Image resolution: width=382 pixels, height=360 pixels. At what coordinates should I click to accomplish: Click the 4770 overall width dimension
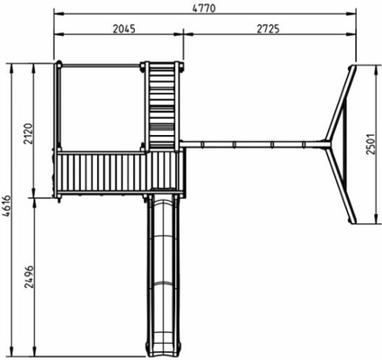[204, 8]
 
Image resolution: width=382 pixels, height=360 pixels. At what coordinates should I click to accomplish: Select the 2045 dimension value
[124, 29]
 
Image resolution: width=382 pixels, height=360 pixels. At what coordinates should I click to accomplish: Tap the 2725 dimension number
[268, 29]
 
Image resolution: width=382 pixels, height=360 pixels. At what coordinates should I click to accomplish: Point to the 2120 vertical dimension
[28, 133]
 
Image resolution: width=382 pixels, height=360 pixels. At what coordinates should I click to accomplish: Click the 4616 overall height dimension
[6, 206]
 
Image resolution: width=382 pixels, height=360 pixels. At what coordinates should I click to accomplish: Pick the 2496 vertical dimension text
[29, 276]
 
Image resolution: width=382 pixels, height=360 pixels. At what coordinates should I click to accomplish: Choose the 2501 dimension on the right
[371, 144]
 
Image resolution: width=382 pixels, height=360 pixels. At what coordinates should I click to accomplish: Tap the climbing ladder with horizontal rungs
[162, 106]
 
